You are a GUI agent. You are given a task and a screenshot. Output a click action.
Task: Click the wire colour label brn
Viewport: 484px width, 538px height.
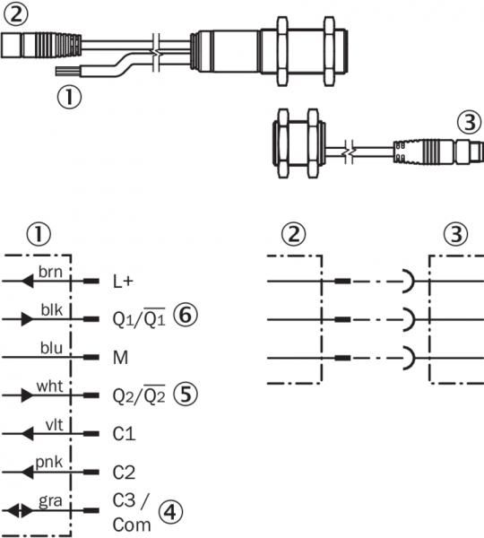50,272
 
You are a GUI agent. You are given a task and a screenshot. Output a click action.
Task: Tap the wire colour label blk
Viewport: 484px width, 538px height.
52,310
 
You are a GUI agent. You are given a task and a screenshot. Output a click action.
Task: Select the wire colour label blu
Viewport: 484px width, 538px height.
51,348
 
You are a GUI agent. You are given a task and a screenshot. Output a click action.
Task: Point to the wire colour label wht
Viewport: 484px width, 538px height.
49,386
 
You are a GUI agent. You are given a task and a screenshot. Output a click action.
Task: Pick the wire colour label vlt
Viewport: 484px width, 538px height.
54,425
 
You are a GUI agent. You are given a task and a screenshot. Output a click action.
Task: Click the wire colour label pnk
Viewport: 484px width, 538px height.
49,463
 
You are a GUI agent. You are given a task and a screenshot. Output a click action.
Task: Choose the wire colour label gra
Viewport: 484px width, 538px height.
50,501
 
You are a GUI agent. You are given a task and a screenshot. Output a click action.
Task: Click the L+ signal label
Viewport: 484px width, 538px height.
123,282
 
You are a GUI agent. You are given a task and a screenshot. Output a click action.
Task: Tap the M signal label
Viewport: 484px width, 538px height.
120,358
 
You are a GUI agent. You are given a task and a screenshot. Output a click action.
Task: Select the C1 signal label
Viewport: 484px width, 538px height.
124,434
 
